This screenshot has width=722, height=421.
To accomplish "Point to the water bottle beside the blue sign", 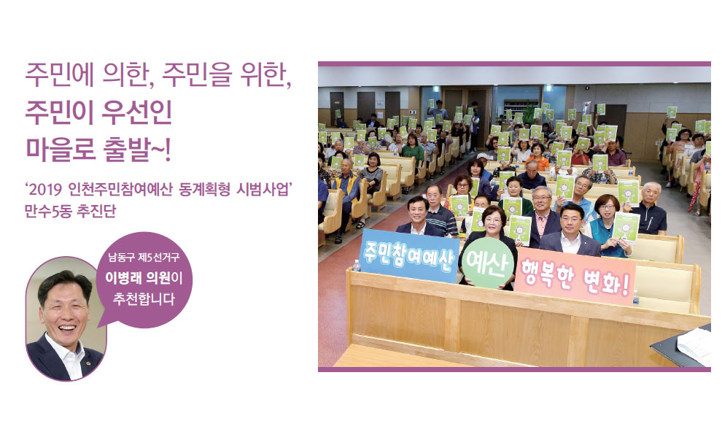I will (357, 264).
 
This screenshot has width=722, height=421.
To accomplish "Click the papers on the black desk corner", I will (696, 344).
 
